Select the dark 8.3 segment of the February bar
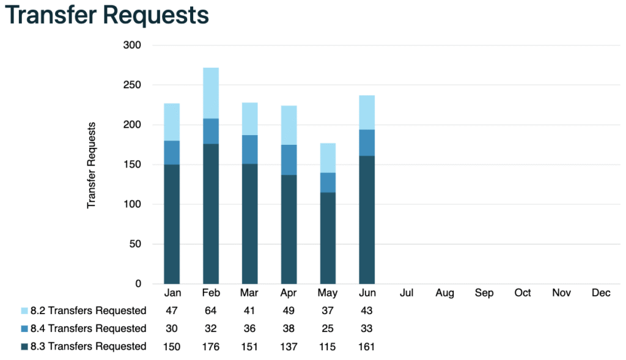coord(210,213)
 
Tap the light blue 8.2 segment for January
coord(171,122)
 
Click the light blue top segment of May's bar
coord(328,158)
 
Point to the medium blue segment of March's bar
coord(249,149)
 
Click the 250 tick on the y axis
coord(133,85)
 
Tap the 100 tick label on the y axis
coord(133,204)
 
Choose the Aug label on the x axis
coord(444,293)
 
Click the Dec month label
coord(601,293)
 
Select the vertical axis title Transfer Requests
coord(92,165)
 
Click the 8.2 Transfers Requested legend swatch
coord(24,311)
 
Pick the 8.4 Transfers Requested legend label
coord(88,329)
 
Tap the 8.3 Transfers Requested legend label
coord(88,347)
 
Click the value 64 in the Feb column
coord(210,310)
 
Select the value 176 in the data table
coord(210,347)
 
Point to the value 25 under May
coord(328,329)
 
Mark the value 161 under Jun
coord(367,347)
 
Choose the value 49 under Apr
coord(289,310)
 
